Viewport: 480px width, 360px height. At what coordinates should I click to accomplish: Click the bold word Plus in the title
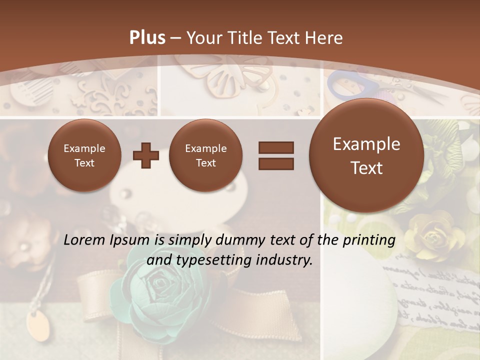click(147, 37)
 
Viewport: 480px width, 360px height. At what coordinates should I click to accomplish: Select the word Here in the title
click(325, 37)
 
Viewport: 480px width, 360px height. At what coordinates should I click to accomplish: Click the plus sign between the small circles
click(145, 155)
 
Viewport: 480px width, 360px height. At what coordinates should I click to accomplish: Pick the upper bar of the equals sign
click(275, 147)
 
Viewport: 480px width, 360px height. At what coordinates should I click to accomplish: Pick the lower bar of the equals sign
click(275, 163)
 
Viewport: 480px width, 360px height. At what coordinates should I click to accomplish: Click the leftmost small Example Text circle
click(84, 155)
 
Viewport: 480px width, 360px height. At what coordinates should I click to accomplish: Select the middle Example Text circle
click(206, 155)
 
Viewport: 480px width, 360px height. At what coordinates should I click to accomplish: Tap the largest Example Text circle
click(366, 155)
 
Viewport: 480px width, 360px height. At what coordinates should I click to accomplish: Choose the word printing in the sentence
click(369, 240)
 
